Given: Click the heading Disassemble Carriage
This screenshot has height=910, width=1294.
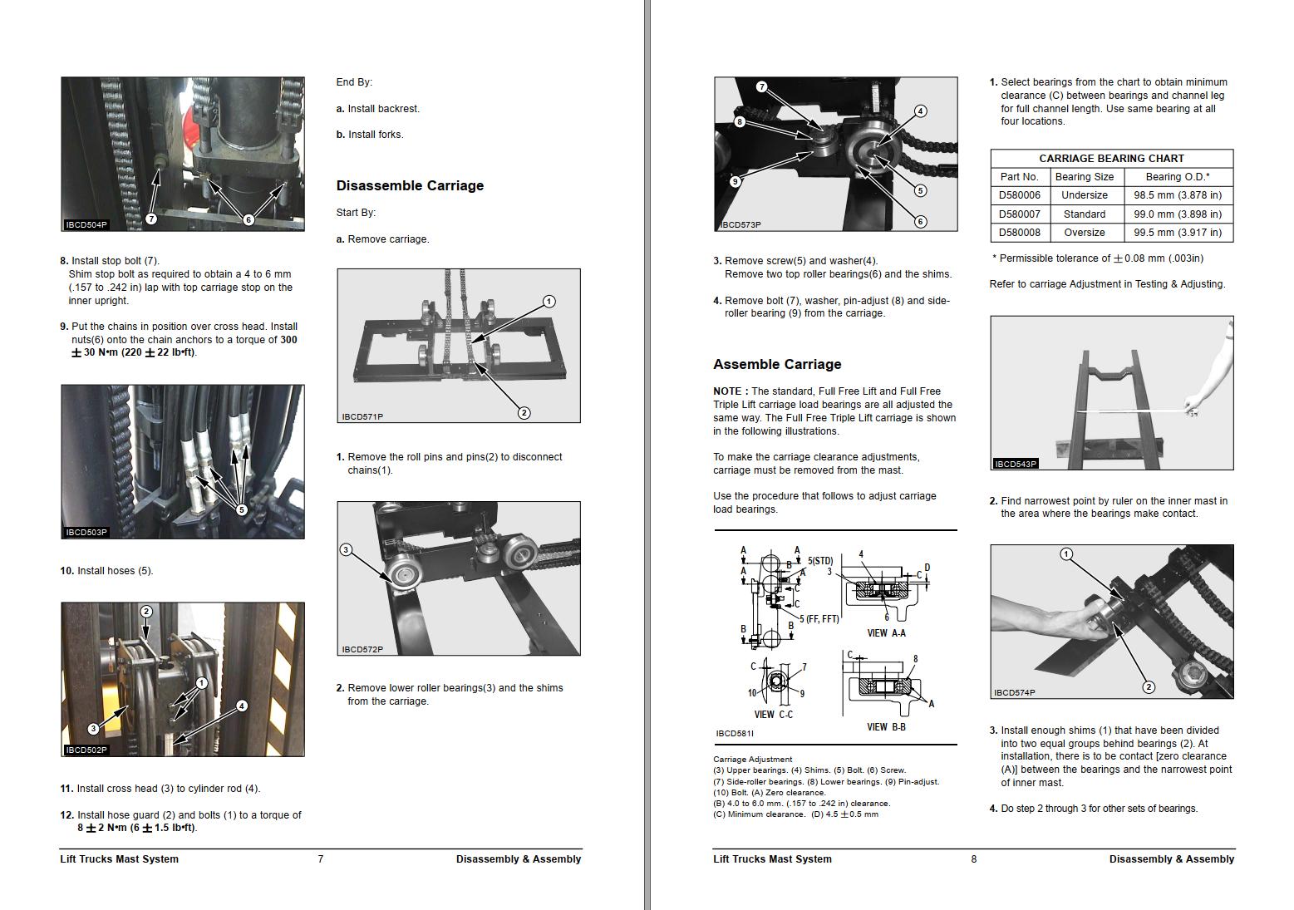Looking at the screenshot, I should (410, 185).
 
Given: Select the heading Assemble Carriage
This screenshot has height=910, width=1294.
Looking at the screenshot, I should (777, 364).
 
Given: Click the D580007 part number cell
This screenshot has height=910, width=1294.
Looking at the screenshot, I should (1019, 214).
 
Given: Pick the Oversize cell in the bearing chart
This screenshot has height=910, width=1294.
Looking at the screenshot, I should (1084, 233).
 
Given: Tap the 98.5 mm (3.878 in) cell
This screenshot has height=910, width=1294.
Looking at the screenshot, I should (1178, 195).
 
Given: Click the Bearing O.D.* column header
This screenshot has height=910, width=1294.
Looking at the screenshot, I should (1177, 176).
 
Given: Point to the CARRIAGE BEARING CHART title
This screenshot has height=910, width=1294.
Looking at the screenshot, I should (1111, 158).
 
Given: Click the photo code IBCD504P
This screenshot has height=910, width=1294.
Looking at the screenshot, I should (86, 224).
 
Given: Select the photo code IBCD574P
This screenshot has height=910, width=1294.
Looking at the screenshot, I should (1014, 692).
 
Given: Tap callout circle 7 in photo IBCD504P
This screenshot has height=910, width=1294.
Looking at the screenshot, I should (151, 219).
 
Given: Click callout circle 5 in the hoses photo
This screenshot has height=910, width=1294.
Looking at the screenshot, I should (242, 509).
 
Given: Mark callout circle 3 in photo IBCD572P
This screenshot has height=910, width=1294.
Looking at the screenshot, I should (346, 549).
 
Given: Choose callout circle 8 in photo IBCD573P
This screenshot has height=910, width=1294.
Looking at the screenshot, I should (739, 121).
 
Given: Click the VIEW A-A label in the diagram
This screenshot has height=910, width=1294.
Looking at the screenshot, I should (886, 633).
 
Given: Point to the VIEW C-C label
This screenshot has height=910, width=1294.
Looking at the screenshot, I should (773, 715).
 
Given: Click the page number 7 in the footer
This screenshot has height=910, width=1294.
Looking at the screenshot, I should (321, 859).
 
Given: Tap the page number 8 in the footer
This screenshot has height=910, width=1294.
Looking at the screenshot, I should (974, 859).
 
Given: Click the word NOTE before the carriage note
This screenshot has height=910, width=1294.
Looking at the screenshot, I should (729, 391).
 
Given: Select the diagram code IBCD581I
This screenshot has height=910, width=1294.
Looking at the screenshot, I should (734, 734).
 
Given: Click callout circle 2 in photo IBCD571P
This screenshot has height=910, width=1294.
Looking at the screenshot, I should (524, 412).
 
